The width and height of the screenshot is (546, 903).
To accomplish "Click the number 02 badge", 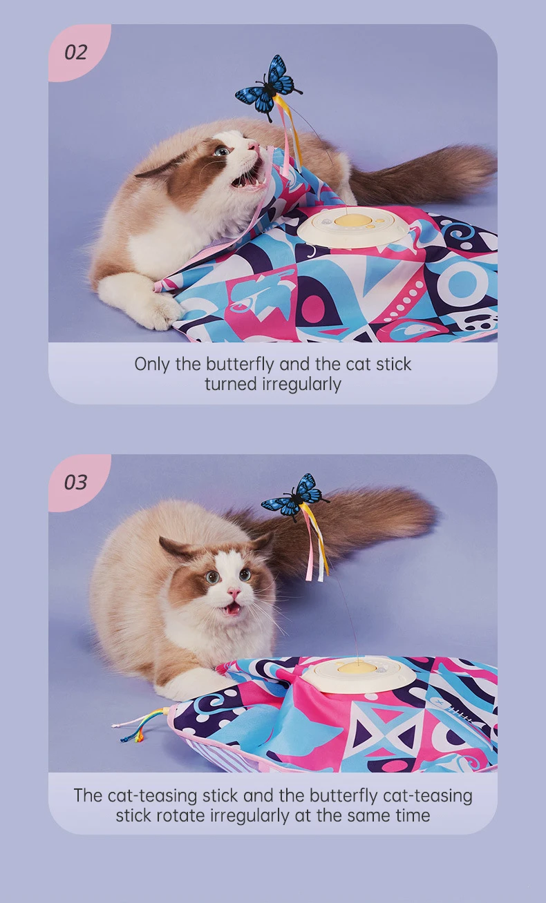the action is click(x=76, y=52).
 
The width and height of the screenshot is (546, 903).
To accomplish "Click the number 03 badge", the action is click(x=76, y=482).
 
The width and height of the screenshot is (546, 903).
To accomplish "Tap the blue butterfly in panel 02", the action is click(x=267, y=88).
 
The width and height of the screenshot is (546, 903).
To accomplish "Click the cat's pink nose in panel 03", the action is click(x=234, y=593).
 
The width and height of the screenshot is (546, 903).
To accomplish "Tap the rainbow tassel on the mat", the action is click(x=139, y=725).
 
